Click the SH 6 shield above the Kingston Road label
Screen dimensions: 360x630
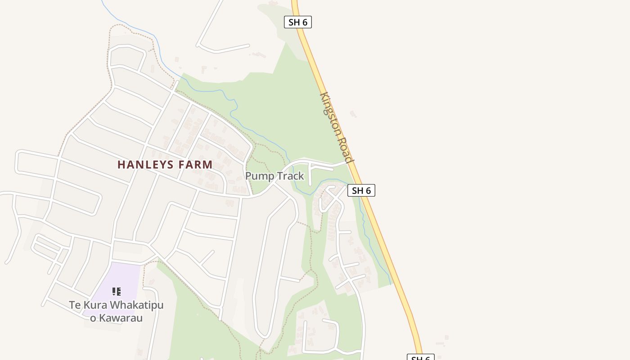tap(298, 22)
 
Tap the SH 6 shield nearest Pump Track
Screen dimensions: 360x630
tap(361, 190)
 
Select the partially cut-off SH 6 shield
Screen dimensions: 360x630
tap(420, 358)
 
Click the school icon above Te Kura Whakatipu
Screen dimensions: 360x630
tap(116, 292)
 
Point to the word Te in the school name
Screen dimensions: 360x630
tap(75, 305)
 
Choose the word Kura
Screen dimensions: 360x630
tap(95, 305)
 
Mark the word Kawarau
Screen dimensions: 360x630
tap(121, 318)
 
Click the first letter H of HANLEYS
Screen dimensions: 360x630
tap(121, 165)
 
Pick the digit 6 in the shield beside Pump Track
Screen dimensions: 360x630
tap(368, 190)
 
